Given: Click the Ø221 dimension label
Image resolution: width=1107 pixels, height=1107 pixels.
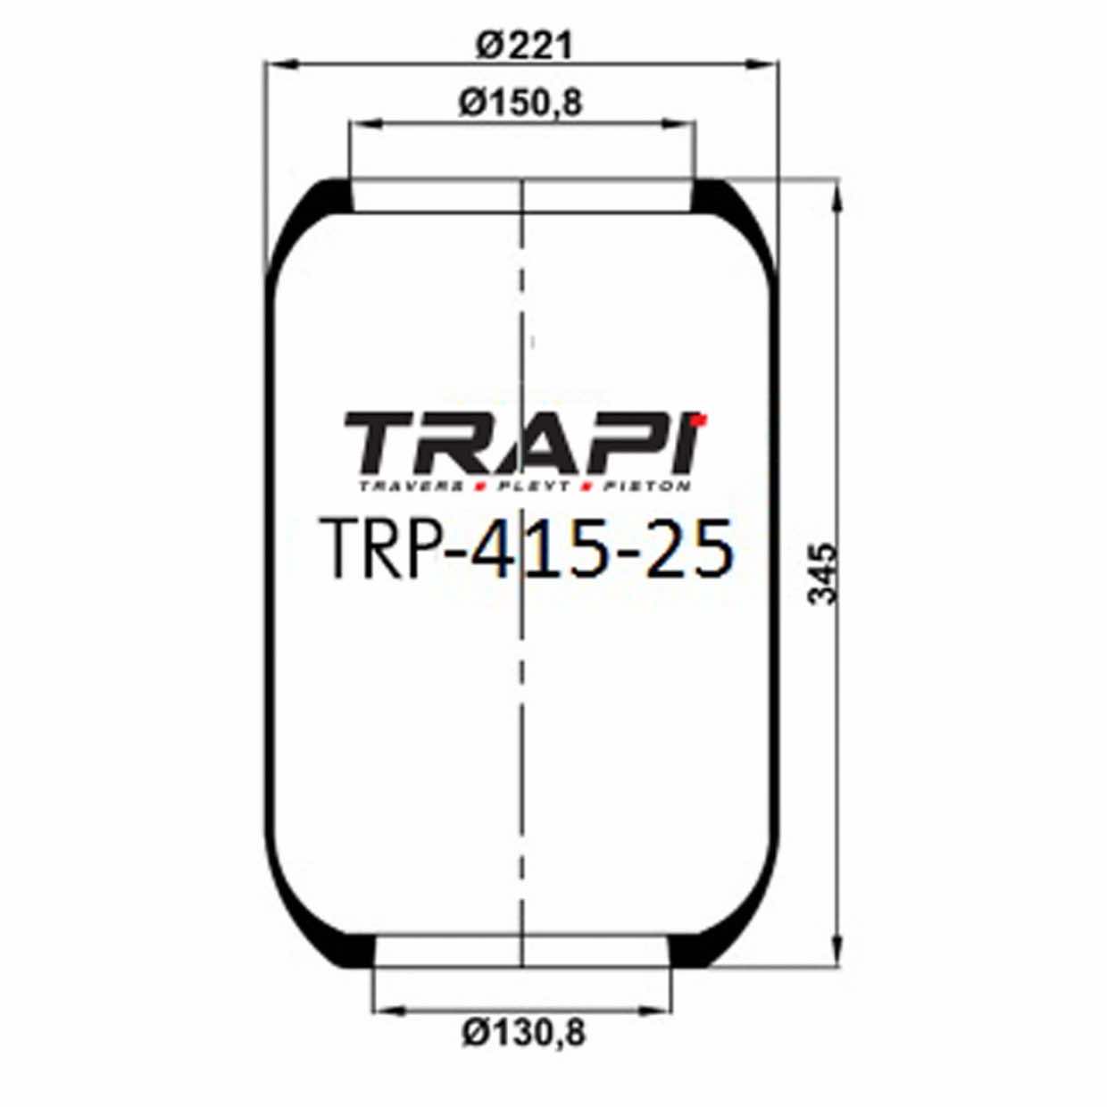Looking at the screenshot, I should point(522,45).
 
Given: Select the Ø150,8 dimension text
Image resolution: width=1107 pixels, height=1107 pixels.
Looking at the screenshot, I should point(520,103).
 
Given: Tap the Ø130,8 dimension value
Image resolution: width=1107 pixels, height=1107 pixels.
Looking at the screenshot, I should point(524,1033).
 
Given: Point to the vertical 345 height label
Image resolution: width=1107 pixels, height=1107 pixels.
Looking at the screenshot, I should point(823,573).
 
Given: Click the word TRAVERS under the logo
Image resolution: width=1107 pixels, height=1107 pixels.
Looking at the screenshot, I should point(411,487).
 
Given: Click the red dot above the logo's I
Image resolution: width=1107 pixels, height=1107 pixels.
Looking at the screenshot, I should point(703,417).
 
